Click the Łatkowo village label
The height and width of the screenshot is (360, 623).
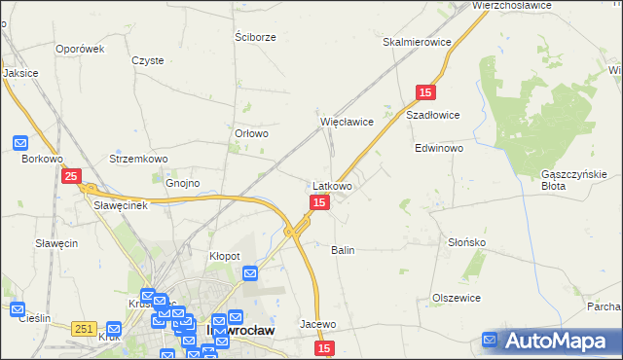pyautogui.click(x=332, y=185)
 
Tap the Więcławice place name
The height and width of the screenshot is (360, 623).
pyautogui.click(x=348, y=122)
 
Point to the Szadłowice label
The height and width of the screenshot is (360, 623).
pyautogui.click(x=432, y=114)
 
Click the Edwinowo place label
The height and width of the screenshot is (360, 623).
pyautogui.click(x=439, y=149)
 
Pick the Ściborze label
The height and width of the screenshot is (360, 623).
pyautogui.click(x=256, y=37)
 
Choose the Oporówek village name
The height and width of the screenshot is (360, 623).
pyautogui.click(x=80, y=49)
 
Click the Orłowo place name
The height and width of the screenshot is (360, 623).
pyautogui.click(x=251, y=134)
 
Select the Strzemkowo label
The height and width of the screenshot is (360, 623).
pyautogui.click(x=139, y=159)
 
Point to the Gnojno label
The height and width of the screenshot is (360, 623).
pyautogui.click(x=182, y=183)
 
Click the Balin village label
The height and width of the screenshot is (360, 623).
pyautogui.click(x=343, y=250)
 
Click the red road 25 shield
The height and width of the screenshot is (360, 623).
pyautogui.click(x=71, y=176)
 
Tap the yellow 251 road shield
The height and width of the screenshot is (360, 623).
pyautogui.click(x=83, y=330)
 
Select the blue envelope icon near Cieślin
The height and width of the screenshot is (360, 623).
pyautogui.click(x=17, y=310)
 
